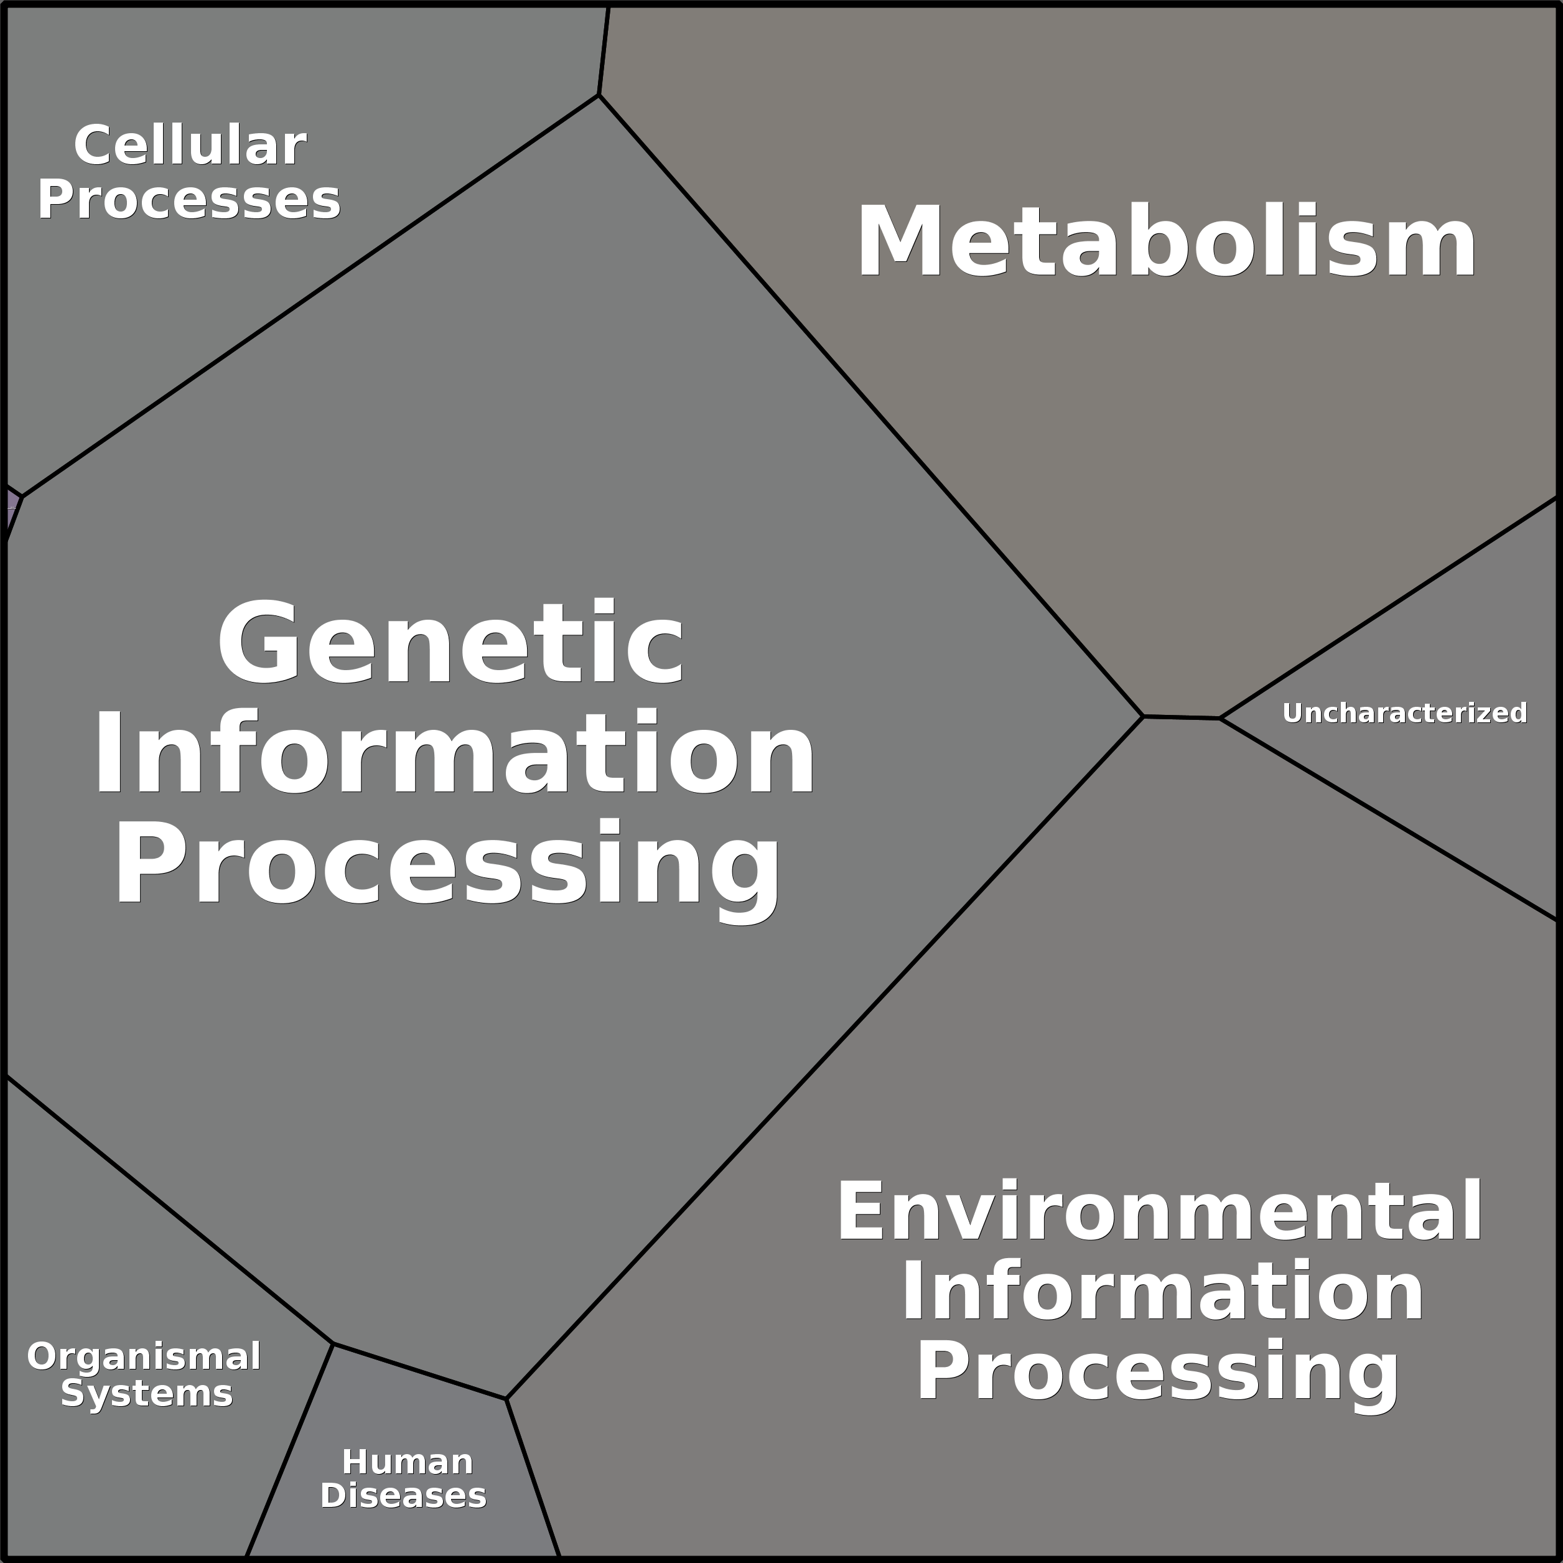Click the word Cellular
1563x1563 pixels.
pos(190,146)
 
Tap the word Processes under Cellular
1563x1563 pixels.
pos(189,200)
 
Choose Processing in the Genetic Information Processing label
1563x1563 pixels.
pos(447,864)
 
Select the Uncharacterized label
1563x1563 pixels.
pos(1404,712)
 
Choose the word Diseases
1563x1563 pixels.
pos(403,1495)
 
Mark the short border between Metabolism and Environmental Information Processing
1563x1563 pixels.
pos(1181,717)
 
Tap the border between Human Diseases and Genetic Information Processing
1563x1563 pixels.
pos(419,1371)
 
